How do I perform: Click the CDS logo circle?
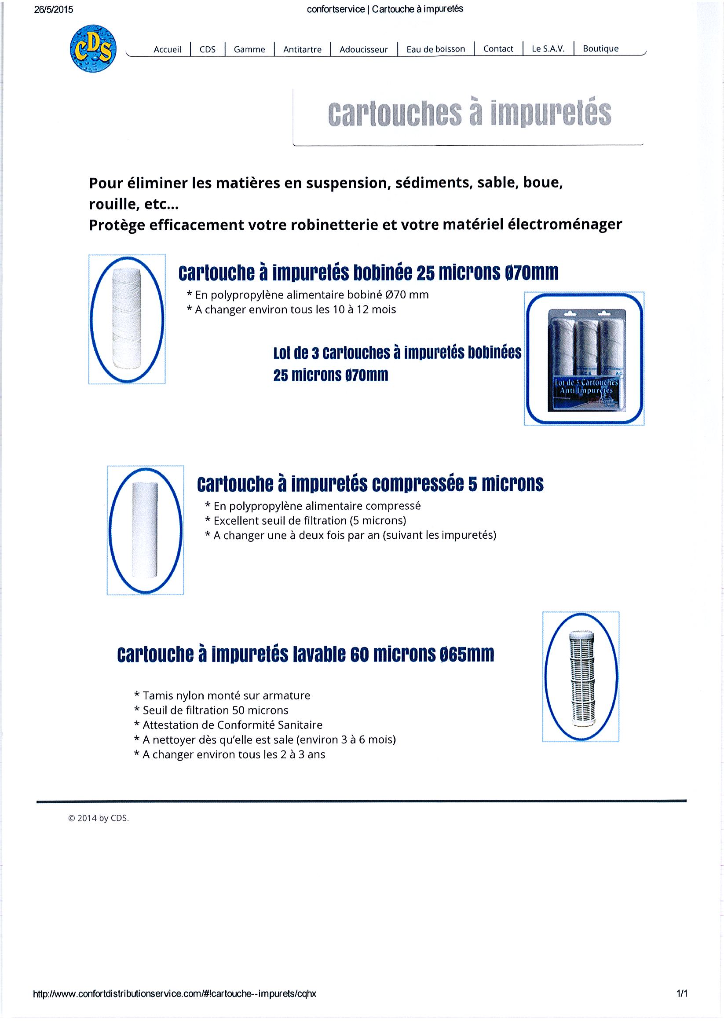tap(93, 49)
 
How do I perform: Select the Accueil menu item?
tap(167, 50)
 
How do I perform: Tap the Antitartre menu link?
tap(302, 50)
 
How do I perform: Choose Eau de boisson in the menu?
tap(435, 49)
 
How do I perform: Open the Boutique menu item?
tap(600, 49)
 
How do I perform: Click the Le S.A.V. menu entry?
tap(548, 49)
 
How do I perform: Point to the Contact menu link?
tap(498, 49)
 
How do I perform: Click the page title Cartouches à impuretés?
tap(469, 114)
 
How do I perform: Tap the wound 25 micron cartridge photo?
tap(127, 319)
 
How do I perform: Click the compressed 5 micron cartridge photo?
tap(146, 530)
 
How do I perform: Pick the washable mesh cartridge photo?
tap(581, 677)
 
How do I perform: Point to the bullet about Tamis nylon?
tap(222, 695)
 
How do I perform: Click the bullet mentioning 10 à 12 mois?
tap(291, 310)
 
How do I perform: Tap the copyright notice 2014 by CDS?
tap(98, 818)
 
